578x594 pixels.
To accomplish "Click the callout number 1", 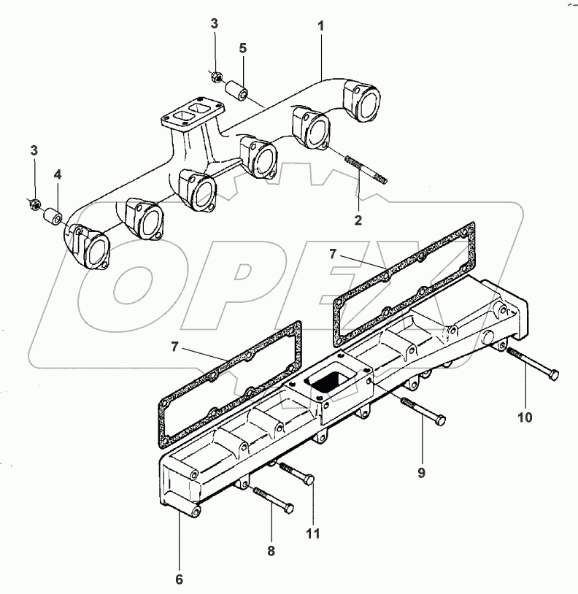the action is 321,26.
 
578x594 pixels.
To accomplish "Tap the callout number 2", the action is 358,220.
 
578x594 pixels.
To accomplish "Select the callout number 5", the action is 243,48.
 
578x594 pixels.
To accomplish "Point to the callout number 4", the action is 57,174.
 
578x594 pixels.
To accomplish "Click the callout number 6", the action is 179,579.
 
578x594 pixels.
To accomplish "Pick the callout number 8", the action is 271,550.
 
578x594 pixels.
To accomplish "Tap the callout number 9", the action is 422,472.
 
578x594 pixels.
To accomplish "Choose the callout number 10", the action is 525,417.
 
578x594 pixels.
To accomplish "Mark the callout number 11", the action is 313,533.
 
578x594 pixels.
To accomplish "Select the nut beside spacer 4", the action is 35,204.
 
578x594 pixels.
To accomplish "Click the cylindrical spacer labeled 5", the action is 236,90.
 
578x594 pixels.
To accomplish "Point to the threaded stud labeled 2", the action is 366,170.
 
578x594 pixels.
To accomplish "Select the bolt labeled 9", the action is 423,411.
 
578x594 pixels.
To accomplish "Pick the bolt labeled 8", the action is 273,499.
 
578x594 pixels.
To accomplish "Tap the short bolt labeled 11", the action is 297,472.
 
